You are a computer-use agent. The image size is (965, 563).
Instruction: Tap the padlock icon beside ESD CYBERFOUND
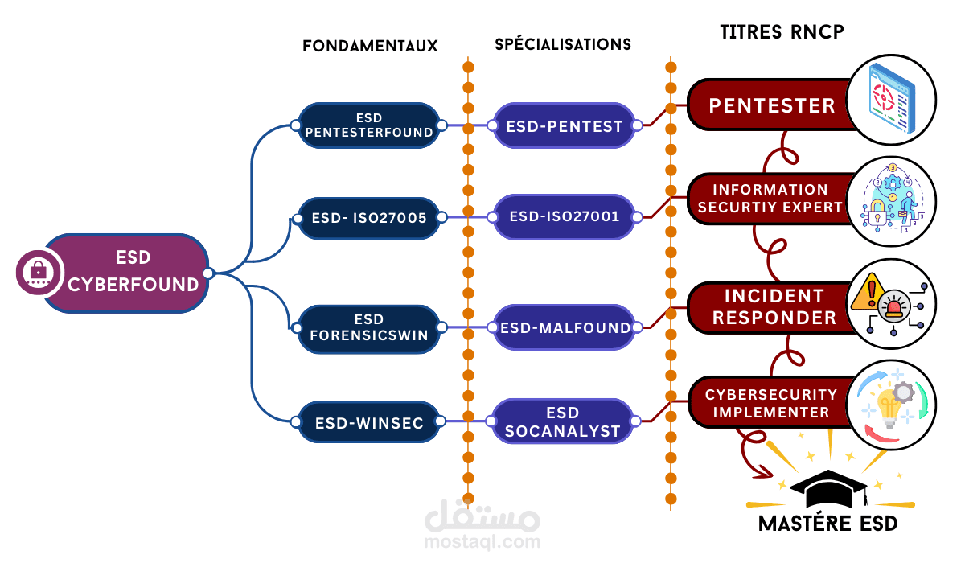[38, 273]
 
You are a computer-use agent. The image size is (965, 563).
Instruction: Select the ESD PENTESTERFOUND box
[369, 125]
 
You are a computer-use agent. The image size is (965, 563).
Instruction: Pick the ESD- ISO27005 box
[369, 217]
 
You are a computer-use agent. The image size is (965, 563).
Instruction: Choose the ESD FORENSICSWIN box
[369, 327]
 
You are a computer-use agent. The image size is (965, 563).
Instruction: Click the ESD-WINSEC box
[369, 422]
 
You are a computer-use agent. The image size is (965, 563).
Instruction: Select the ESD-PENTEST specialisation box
[564, 125]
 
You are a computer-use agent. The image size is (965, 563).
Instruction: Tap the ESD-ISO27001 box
[564, 217]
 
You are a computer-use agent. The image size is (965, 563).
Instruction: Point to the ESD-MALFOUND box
[564, 327]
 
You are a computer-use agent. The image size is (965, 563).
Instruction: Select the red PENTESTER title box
[772, 105]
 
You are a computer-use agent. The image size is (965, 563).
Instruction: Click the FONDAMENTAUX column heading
[370, 46]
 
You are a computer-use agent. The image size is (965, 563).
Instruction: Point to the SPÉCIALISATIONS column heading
[563, 44]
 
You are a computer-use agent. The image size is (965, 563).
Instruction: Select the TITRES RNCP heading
[782, 31]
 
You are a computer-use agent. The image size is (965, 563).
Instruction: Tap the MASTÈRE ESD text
[828, 524]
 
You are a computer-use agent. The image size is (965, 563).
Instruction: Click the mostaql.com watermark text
[482, 541]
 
